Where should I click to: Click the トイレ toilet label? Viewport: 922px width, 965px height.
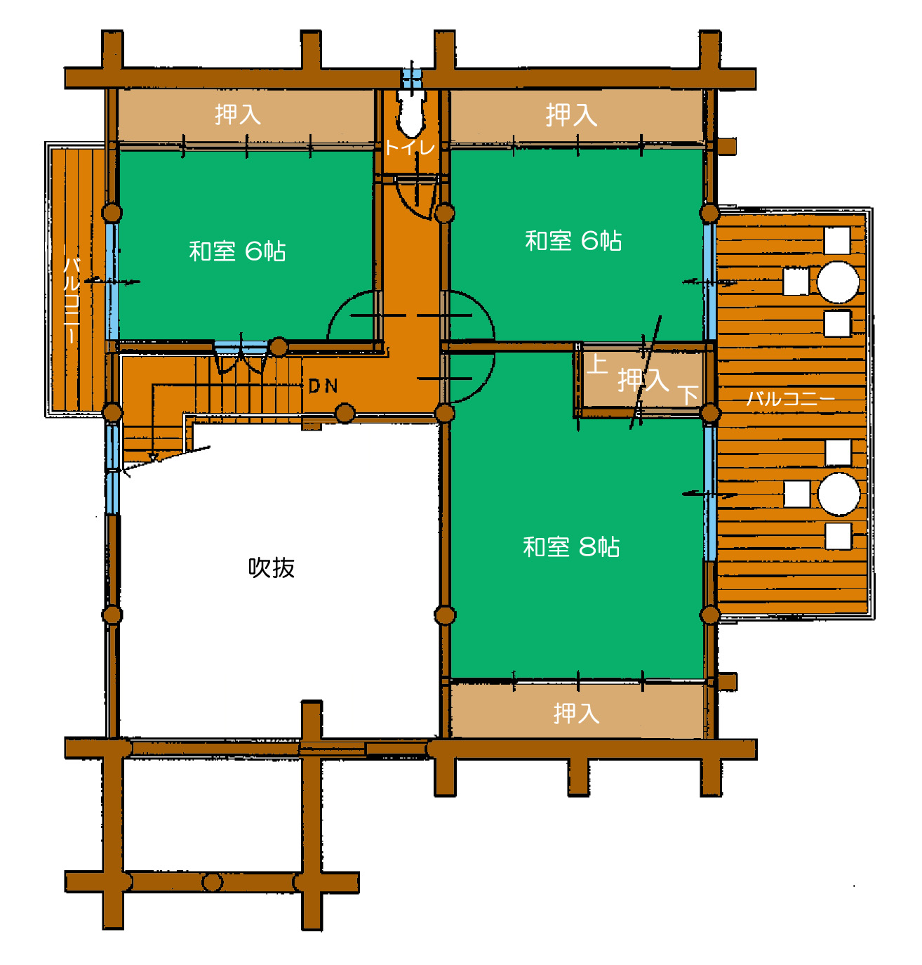coord(409,147)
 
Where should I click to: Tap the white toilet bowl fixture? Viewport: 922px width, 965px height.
coord(410,112)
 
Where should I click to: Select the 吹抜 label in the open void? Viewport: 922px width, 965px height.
coord(271,567)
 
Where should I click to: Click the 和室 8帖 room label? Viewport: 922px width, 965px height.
coord(570,546)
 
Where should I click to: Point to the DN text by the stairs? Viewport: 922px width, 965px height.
coord(322,386)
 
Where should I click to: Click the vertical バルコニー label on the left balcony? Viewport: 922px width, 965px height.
coord(72,299)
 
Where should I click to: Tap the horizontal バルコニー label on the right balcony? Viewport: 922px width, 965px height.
coord(789,398)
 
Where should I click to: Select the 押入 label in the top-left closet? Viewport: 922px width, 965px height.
coord(237,114)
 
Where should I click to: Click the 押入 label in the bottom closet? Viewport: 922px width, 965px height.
coord(575,713)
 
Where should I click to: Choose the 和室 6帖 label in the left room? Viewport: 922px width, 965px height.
coord(237,251)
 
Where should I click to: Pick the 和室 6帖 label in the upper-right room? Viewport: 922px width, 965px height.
coord(573,240)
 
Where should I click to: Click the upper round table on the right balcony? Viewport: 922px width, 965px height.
coord(837,282)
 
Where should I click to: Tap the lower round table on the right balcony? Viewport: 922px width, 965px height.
coord(838,494)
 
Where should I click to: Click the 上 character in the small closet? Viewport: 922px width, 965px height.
coord(596,364)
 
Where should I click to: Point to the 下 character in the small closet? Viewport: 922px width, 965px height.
coord(687,394)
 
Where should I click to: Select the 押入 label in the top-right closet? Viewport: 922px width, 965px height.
coord(570,114)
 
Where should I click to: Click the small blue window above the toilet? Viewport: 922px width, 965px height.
coord(410,75)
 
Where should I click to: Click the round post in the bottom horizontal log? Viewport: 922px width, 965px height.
coord(212,881)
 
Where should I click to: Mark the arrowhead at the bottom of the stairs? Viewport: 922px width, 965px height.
coord(153,457)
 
